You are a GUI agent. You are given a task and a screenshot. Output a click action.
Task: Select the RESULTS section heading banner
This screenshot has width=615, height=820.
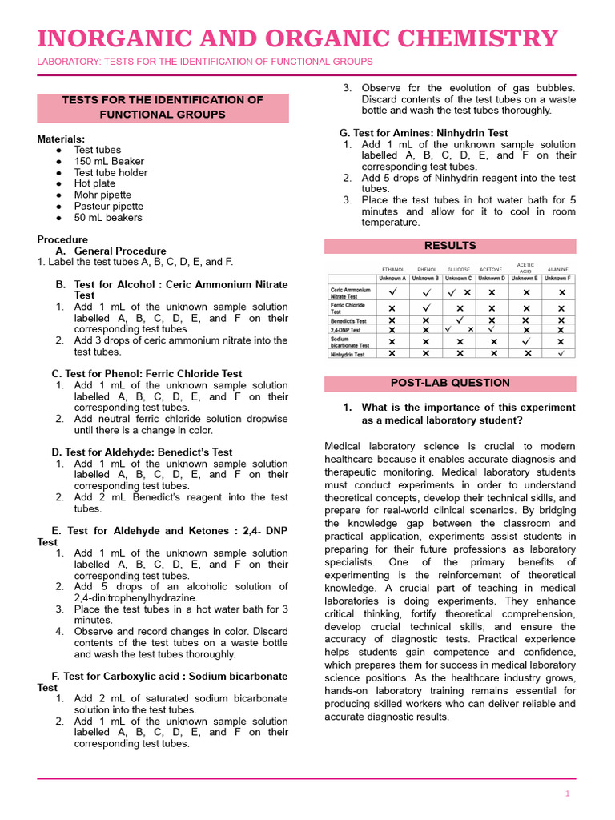click(x=450, y=246)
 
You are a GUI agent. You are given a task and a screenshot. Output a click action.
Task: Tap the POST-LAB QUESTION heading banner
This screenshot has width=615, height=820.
click(x=450, y=384)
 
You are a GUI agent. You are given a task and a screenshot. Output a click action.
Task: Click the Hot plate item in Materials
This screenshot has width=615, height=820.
click(x=94, y=183)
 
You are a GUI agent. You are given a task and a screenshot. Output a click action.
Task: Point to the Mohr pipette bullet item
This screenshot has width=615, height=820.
click(x=102, y=195)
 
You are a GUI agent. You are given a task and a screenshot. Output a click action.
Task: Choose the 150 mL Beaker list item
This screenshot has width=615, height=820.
click(x=110, y=161)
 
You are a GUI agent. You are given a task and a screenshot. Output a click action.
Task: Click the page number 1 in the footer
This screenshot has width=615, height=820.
click(x=567, y=794)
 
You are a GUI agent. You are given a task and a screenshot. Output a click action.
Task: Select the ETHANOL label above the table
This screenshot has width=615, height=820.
click(x=393, y=270)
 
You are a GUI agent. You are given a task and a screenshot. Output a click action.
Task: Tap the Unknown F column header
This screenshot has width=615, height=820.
click(x=558, y=279)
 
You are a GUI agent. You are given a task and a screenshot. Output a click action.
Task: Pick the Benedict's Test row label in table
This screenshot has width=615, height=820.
click(x=350, y=320)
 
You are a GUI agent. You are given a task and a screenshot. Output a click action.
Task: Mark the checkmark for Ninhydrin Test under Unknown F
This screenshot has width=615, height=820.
click(x=561, y=353)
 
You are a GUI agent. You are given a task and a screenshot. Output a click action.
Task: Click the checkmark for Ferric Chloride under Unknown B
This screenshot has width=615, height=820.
click(x=426, y=307)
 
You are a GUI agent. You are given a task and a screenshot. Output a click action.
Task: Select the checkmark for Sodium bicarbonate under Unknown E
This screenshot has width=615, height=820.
click(x=526, y=341)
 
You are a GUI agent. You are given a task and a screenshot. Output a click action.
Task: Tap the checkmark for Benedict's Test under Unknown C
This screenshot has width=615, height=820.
click(x=460, y=320)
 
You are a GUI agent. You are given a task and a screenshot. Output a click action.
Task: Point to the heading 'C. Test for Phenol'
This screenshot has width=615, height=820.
click(x=147, y=374)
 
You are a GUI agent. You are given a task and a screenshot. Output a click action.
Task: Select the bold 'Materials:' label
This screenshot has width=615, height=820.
click(x=61, y=139)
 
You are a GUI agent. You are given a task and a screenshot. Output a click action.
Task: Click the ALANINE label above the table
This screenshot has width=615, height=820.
click(x=557, y=270)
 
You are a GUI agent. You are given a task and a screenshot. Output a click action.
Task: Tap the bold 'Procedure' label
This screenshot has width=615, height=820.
click(x=62, y=239)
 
